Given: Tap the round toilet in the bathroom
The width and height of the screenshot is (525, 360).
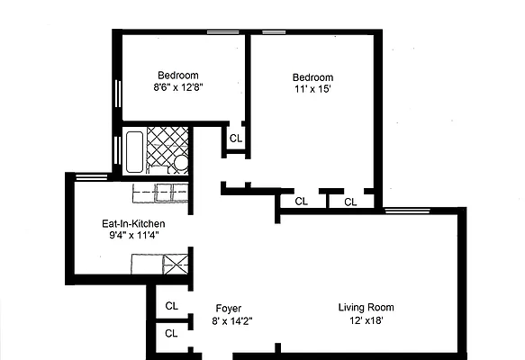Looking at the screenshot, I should (x=179, y=164).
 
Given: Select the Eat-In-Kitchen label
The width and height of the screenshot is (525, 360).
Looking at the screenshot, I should (x=133, y=223).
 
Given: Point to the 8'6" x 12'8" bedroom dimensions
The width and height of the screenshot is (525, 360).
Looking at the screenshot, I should (x=178, y=88).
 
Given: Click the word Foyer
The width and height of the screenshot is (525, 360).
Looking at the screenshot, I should (x=228, y=308).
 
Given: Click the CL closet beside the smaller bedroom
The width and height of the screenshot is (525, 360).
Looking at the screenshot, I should (x=236, y=139).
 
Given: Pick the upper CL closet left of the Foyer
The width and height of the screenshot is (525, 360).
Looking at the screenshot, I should (x=171, y=306).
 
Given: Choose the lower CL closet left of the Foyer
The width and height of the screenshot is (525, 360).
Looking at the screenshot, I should (x=171, y=334).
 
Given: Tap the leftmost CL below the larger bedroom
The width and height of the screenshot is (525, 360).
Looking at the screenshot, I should (x=302, y=202).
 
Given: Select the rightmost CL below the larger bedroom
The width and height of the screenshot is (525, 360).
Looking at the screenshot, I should (x=351, y=202).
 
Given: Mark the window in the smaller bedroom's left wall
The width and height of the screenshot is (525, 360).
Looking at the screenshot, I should (x=117, y=95).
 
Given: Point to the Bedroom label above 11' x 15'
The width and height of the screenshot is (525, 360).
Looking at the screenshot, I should (x=312, y=77).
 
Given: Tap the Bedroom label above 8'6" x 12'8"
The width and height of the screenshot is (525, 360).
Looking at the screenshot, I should (x=178, y=75).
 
